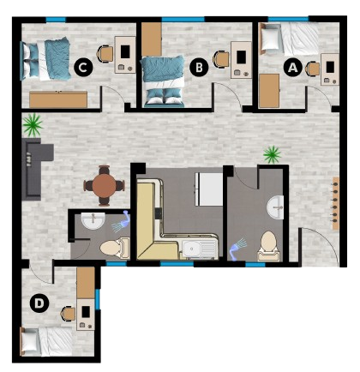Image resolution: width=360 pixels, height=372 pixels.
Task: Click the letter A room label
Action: pyautogui.click(x=292, y=68)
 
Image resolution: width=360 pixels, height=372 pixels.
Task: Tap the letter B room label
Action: pyautogui.click(x=199, y=68)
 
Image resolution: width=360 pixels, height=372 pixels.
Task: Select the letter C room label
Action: pyautogui.click(x=83, y=68)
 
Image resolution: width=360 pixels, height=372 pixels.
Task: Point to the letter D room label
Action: pyautogui.click(x=39, y=303)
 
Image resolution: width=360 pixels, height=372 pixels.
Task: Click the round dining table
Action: pyautogui.click(x=104, y=185)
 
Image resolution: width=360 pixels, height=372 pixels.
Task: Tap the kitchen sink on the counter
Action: pyautogui.click(x=200, y=249)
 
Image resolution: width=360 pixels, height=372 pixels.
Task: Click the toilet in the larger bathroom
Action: pyautogui.click(x=268, y=246)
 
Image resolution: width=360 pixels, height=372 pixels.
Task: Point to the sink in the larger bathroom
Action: pyautogui.click(x=275, y=207)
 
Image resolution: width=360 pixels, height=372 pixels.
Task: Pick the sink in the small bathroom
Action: pyautogui.click(x=93, y=220)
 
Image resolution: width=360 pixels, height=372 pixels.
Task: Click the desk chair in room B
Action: pyautogui.click(x=220, y=60)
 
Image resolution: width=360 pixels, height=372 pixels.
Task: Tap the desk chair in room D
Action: pyautogui.click(x=69, y=314)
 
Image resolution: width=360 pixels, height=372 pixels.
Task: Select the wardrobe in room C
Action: pyautogui.click(x=58, y=99)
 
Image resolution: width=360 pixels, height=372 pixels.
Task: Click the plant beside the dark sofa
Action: pyautogui.click(x=33, y=124)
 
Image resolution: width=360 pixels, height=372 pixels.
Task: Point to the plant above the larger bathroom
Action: pyautogui.click(x=272, y=154)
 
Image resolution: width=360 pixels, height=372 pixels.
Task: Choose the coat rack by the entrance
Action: pyautogui.click(x=336, y=203)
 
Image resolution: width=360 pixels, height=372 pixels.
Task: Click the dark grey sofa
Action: pyautogui.click(x=35, y=169)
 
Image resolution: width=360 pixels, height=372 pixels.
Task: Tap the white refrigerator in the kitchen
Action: pyautogui.click(x=209, y=189)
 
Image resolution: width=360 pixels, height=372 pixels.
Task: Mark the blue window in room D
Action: pyautogui.click(x=98, y=299)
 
